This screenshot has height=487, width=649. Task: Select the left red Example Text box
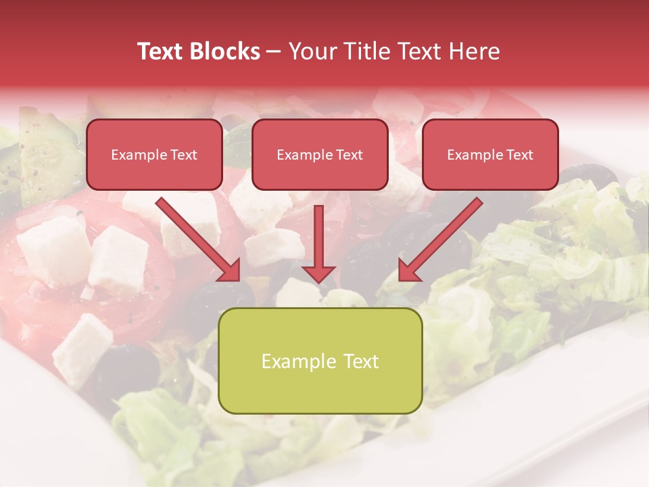[154, 155]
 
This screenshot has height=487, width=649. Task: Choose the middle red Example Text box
[320, 155]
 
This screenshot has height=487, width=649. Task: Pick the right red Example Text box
[490, 155]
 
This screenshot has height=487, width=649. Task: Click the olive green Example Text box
[320, 361]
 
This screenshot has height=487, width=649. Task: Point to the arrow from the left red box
[196, 238]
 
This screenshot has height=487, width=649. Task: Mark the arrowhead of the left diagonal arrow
[230, 271]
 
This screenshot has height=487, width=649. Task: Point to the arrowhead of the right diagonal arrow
[408, 271]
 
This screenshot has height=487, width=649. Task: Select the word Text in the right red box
[519, 155]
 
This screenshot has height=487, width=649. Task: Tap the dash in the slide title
[274, 51]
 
